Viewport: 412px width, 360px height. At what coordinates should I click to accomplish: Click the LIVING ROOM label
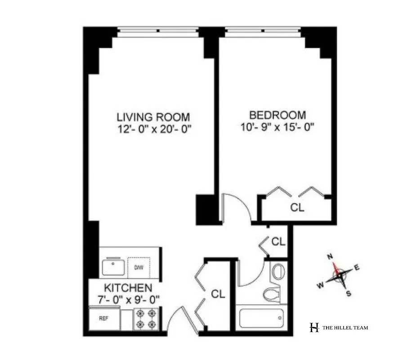[x=153, y=117]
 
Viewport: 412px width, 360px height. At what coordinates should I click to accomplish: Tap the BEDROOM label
[x=278, y=115]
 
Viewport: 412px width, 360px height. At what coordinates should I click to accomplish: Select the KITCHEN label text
[x=128, y=288]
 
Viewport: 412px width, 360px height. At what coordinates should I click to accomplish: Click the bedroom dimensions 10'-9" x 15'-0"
[x=277, y=126]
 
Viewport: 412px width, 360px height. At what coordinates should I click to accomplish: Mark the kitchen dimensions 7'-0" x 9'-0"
[x=128, y=298]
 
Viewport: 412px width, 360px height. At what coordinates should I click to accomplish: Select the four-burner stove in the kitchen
[x=147, y=318]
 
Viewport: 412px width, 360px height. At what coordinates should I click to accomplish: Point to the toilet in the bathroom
[x=271, y=294]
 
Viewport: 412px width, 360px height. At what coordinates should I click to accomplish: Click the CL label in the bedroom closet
[x=297, y=208]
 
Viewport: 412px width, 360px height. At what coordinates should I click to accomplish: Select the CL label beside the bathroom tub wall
[x=218, y=294]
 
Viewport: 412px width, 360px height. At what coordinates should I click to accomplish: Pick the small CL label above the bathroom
[x=278, y=242]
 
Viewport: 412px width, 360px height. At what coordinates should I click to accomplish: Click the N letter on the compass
[x=330, y=256]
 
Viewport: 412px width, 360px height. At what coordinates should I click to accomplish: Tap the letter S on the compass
[x=348, y=293]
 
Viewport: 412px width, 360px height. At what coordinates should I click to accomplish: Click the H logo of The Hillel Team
[x=314, y=328]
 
